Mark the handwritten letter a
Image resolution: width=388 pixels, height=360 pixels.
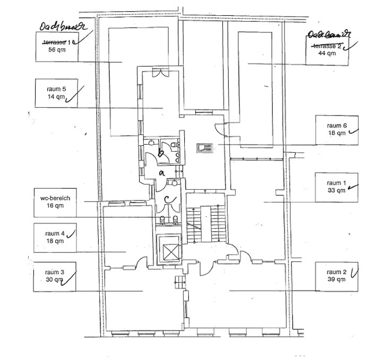(x=162, y=173)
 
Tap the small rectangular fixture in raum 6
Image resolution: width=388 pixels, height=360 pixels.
(x=204, y=147)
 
